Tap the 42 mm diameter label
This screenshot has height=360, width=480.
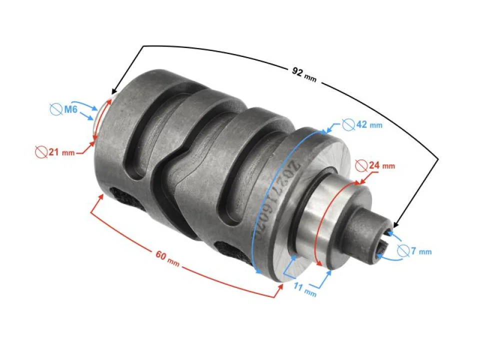[x=368, y=124]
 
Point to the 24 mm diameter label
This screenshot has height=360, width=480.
[x=381, y=165]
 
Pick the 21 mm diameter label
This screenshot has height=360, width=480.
[x=60, y=152]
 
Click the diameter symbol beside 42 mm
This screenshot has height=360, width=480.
[x=348, y=124]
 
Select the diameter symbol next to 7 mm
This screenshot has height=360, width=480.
[x=404, y=250]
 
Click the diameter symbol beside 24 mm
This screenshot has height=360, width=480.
[x=360, y=165]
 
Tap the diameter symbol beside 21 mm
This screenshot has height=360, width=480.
[x=41, y=152]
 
